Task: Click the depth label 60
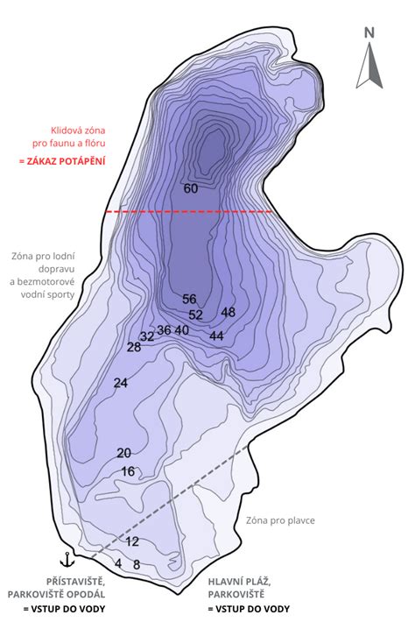click(191, 188)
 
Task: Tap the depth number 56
click(189, 300)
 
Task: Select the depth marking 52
click(196, 315)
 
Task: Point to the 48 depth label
click(229, 313)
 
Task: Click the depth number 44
click(217, 336)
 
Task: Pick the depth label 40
click(182, 330)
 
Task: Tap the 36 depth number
click(164, 330)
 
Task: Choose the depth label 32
click(147, 336)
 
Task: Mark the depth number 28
click(134, 348)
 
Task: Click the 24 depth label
click(121, 383)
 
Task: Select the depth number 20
click(123, 453)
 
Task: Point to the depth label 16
click(128, 471)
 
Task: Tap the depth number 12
click(132, 541)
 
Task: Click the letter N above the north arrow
click(370, 33)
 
